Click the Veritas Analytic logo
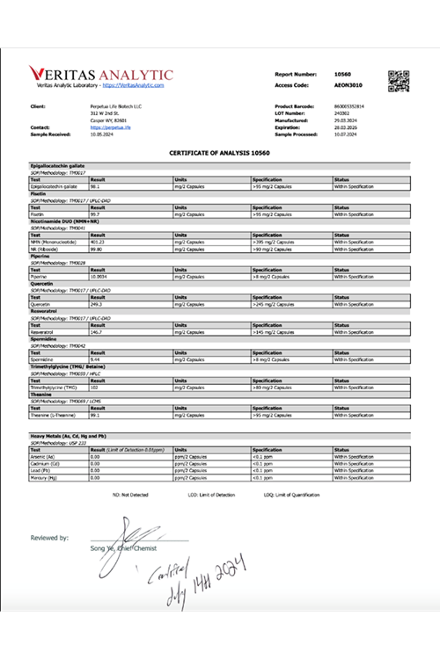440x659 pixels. [101, 74]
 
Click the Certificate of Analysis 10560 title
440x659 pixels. [220, 153]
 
